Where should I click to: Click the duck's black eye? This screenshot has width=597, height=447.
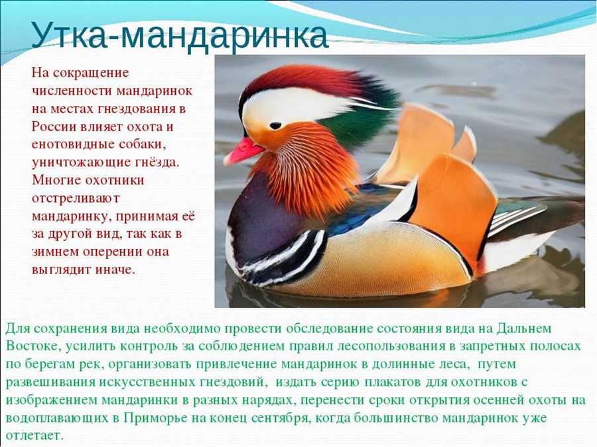click(x=275, y=125)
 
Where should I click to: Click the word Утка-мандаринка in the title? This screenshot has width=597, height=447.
click(x=179, y=35)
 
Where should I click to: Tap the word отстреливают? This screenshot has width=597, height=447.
click(x=76, y=199)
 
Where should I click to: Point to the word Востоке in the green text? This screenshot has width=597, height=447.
click(x=33, y=346)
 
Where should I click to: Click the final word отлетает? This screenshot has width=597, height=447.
click(x=34, y=436)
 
